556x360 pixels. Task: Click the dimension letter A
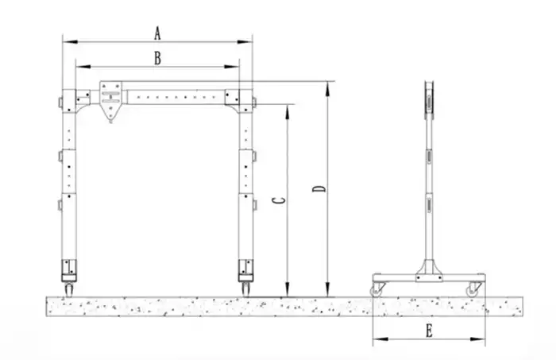[x=157, y=33]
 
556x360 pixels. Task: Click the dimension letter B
[x=157, y=58]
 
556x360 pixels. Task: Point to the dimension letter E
[x=429, y=331]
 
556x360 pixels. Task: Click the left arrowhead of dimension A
[x=65, y=41]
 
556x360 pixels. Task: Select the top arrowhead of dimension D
[x=327, y=84]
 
